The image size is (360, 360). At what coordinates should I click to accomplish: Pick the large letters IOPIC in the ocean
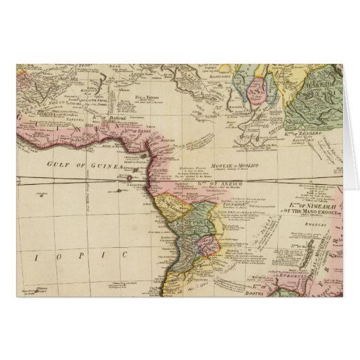click(x=103, y=255)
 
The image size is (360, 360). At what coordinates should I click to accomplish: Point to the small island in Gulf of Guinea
click(x=130, y=179)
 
